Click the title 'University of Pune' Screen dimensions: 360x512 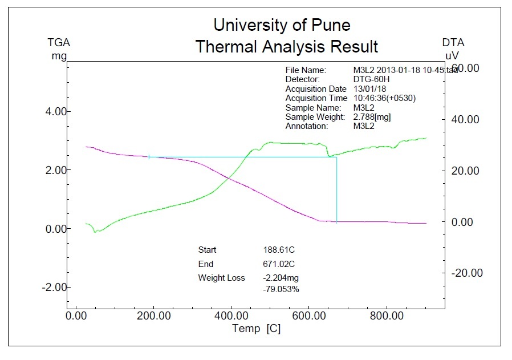(282, 25)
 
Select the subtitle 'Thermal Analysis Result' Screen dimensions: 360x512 (286, 46)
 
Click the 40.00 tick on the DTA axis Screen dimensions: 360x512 (466, 119)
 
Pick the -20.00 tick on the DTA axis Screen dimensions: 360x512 (466, 273)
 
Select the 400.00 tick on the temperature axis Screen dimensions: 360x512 (231, 315)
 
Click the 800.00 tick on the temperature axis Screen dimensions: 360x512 (387, 315)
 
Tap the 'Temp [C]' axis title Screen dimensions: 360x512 (256, 329)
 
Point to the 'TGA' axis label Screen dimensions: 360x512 (59, 43)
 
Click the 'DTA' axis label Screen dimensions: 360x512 (453, 43)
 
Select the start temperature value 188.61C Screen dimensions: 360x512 (278, 250)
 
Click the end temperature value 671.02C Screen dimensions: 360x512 (278, 264)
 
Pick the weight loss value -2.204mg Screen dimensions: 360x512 (281, 278)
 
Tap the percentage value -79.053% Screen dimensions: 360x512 (281, 289)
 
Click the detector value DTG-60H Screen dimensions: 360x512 (372, 79)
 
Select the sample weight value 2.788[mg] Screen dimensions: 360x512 (372, 117)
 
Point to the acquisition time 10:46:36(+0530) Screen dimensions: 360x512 (384, 98)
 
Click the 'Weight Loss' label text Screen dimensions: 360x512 (221, 278)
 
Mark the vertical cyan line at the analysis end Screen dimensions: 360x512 (337, 188)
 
